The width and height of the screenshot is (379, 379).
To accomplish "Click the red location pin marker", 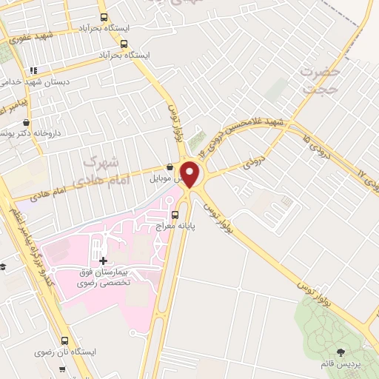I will point(190,174).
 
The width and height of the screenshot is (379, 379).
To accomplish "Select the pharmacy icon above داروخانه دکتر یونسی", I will point(27,123).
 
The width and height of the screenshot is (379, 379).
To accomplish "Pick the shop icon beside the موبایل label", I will point(171,167).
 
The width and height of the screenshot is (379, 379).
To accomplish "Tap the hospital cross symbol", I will point(103,261).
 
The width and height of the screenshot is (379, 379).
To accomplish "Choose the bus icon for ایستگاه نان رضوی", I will point(65,341).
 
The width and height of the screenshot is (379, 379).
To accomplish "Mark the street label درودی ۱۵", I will point(318,136).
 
